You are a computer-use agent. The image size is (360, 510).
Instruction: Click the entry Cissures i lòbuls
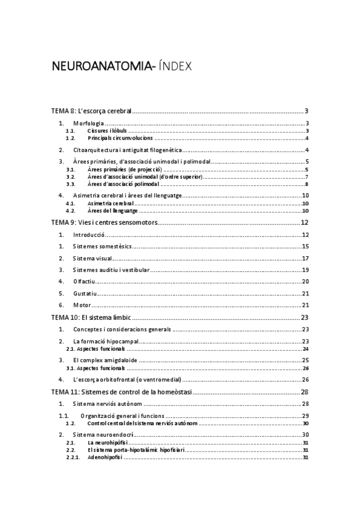pos(106,131)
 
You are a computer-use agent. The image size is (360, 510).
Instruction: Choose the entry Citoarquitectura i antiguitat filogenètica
pos(127,150)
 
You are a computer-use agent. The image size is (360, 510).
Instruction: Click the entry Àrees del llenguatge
pos(112,211)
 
